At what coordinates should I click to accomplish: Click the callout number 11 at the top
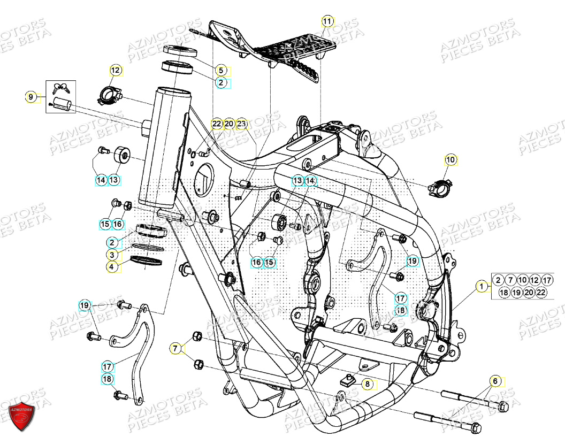click(x=327, y=21)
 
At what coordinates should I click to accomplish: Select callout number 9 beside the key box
click(x=31, y=97)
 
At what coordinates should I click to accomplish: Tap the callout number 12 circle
click(x=116, y=70)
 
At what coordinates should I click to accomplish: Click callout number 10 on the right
click(x=451, y=159)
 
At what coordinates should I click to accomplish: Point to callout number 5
click(x=220, y=70)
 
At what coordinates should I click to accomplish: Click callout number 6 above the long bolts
click(x=175, y=349)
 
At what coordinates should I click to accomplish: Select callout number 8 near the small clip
click(x=367, y=384)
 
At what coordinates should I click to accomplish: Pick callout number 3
click(x=112, y=255)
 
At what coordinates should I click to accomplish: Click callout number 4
click(x=112, y=266)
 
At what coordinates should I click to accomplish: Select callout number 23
click(x=242, y=124)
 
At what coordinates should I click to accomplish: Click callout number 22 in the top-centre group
click(x=216, y=124)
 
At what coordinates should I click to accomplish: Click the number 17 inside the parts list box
click(x=546, y=280)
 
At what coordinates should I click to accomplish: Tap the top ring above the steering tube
click(x=180, y=51)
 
